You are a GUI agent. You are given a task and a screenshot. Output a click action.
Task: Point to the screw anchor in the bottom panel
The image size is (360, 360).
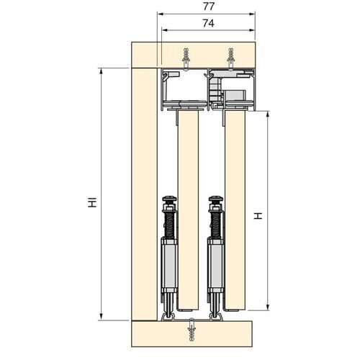(193, 328)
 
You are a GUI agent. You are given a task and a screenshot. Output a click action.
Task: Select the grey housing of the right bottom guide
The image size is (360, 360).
(215, 263)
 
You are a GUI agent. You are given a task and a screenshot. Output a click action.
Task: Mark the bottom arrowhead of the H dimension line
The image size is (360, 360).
(269, 305)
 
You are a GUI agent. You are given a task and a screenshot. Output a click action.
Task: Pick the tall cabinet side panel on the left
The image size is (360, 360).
(143, 194)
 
